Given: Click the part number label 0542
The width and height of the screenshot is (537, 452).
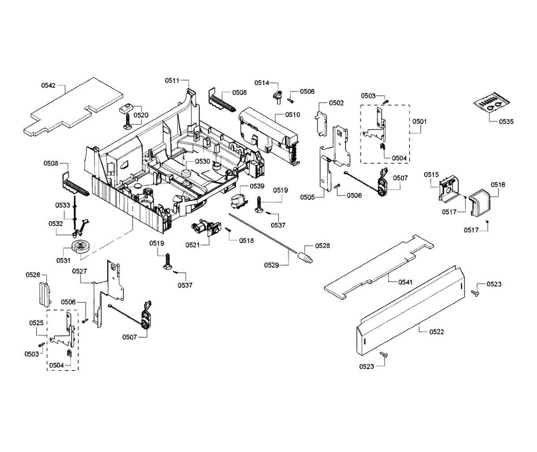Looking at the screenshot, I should click(x=48, y=85).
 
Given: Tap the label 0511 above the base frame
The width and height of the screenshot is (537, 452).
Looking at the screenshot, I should click(x=172, y=81).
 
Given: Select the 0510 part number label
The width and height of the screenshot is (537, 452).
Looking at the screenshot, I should click(x=293, y=115).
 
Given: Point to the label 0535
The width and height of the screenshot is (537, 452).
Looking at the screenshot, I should click(x=507, y=121).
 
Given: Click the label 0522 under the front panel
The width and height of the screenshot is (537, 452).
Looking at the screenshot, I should click(x=437, y=332).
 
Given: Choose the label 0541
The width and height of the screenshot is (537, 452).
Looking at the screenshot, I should click(x=405, y=282).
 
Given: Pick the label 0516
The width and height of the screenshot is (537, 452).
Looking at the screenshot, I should click(x=498, y=184).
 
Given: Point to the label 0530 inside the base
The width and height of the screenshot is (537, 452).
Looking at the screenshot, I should click(x=203, y=161).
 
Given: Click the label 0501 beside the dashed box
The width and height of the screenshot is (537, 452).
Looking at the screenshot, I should click(x=420, y=121).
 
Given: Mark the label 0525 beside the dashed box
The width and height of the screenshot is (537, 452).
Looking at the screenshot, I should click(x=36, y=323).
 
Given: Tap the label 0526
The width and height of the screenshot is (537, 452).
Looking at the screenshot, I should click(x=33, y=275).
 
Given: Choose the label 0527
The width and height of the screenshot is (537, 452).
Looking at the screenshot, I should click(x=80, y=271).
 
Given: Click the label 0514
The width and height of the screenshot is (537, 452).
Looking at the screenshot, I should click(x=262, y=83).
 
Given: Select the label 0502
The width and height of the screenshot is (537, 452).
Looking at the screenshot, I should click(x=337, y=103).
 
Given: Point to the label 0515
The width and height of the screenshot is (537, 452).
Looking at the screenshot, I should click(x=431, y=175).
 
